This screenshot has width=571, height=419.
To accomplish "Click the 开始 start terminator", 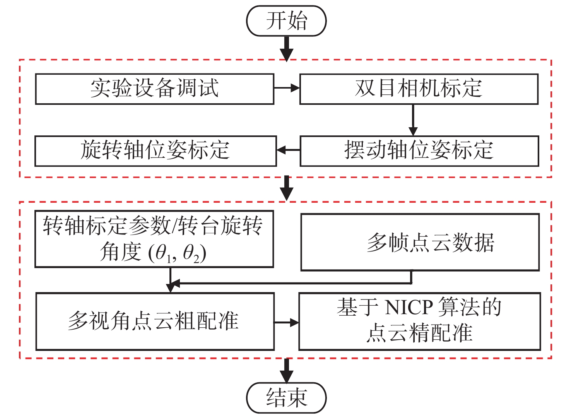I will pyautogui.click(x=286, y=21).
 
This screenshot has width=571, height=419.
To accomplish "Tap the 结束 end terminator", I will pyautogui.click(x=286, y=398).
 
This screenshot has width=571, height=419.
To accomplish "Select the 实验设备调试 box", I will pyautogui.click(x=155, y=89).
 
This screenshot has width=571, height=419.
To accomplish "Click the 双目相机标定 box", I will pyautogui.click(x=419, y=89).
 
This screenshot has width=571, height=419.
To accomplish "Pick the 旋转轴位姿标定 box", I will pyautogui.click(x=156, y=151).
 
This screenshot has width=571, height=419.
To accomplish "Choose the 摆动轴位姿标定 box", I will pyautogui.click(x=419, y=151).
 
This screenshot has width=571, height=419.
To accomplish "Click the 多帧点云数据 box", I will pyautogui.click(x=420, y=242).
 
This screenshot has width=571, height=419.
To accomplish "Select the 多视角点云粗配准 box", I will pyautogui.click(x=155, y=322).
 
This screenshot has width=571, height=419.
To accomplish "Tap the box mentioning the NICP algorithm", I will pyautogui.click(x=419, y=322).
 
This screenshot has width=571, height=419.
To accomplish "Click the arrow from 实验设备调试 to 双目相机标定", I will pyautogui.click(x=287, y=88).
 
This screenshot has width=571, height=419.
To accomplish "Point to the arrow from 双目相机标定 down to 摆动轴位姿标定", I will pyautogui.click(x=413, y=120).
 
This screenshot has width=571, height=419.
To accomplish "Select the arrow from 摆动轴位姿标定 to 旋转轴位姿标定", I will pyautogui.click(x=289, y=150).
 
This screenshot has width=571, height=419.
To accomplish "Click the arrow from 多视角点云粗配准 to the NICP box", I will pyautogui.click(x=287, y=322).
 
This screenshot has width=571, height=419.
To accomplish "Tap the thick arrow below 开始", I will pyautogui.click(x=286, y=48).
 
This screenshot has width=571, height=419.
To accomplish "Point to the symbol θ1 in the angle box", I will pyautogui.click(x=163, y=254).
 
